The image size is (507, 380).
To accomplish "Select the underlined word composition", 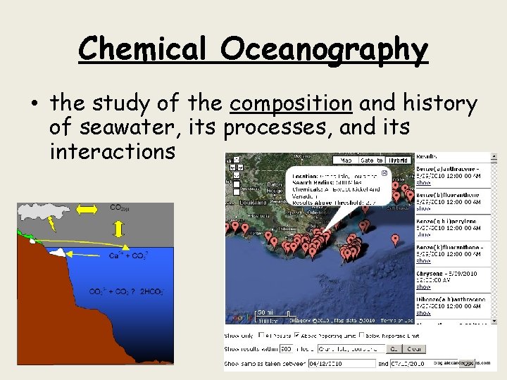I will (x=291, y=104).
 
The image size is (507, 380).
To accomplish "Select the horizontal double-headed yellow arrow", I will (x=88, y=210).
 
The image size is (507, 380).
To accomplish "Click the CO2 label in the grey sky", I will (x=118, y=208).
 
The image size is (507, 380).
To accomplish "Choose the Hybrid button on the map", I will (x=399, y=160).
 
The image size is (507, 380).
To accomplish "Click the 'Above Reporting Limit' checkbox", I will (x=296, y=335).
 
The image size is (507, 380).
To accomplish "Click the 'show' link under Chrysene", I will (x=423, y=286).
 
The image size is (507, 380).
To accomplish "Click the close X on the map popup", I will (x=384, y=172).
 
